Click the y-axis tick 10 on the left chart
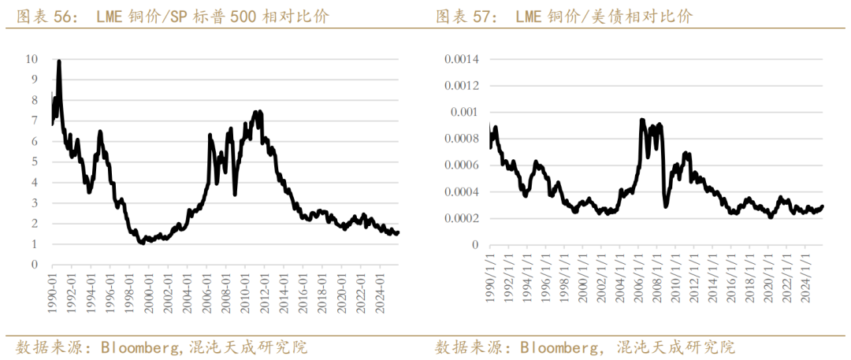(x=32, y=58)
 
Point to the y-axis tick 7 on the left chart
(x=34, y=121)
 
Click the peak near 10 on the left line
(x=59, y=61)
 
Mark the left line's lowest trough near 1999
(x=142, y=243)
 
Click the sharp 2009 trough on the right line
(x=666, y=206)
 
